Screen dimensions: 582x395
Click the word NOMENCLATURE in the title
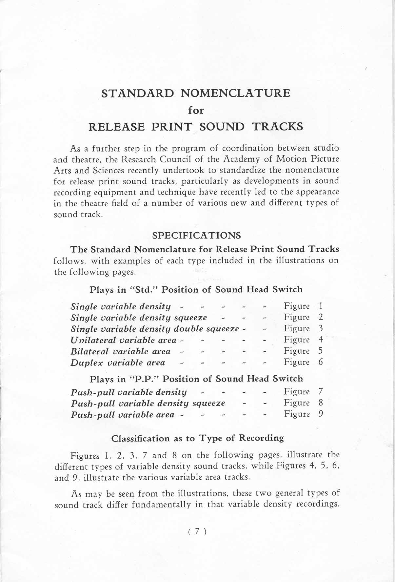coord(235,93)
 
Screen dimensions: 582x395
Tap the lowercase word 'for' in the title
coord(196,110)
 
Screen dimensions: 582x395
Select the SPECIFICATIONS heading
coord(197,236)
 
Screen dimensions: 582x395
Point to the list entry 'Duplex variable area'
coord(118,363)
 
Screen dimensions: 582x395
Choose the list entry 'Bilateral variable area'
coord(121,351)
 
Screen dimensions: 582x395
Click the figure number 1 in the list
coord(321,306)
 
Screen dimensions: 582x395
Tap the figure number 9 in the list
coord(321,414)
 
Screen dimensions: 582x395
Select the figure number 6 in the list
coord(321,362)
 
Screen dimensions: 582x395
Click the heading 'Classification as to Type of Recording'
coord(198,438)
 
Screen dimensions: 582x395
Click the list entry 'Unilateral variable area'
coord(123,340)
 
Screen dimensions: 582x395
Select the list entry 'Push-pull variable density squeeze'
coord(148,403)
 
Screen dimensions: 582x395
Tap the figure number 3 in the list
coord(321,328)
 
